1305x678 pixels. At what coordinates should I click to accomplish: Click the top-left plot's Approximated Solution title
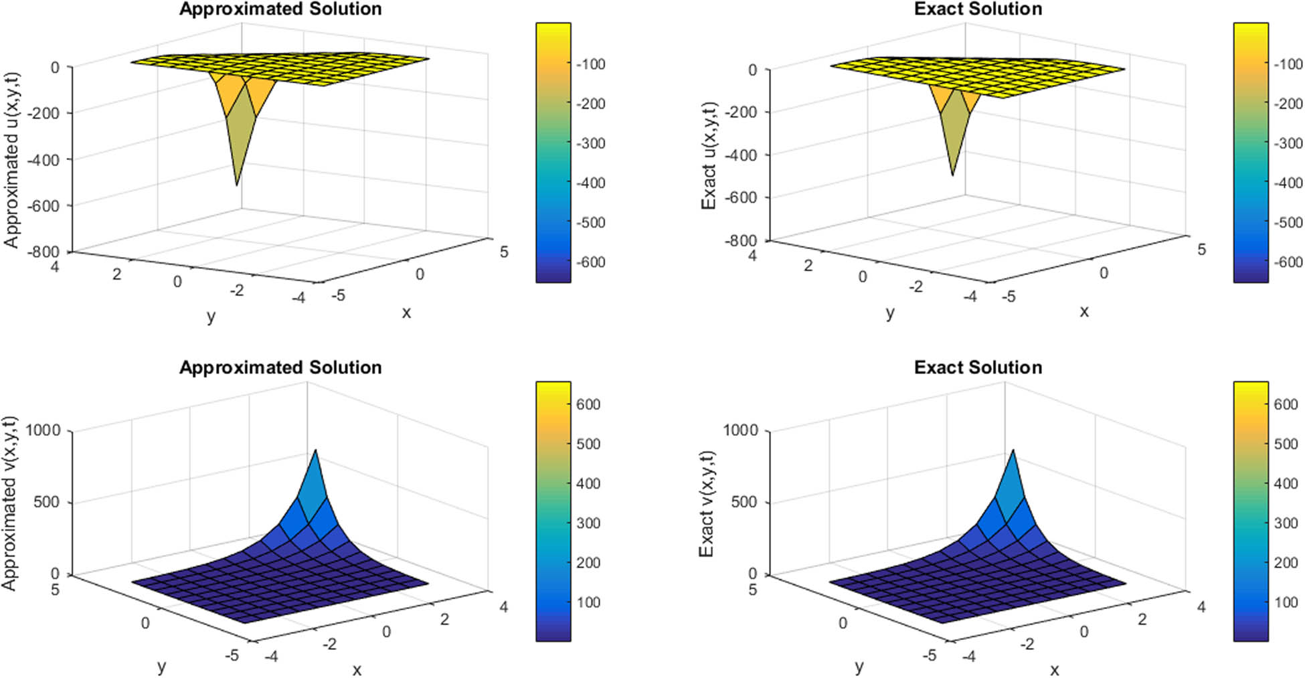pos(280,9)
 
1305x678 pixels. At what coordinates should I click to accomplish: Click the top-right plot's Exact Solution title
pos(978,9)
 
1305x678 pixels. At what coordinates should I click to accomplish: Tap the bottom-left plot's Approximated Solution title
pos(280,367)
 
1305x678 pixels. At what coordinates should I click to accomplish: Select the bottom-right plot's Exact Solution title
pos(978,367)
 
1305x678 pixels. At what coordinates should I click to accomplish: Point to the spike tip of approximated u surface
pos(236,184)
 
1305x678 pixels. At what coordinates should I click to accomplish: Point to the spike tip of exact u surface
pos(952,175)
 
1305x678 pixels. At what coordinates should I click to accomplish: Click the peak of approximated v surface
pos(315,450)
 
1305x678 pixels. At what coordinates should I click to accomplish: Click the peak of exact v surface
pos(1013,450)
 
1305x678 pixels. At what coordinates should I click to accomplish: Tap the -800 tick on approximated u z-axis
pos(43,252)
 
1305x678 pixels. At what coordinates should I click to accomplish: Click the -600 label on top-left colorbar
pos(590,262)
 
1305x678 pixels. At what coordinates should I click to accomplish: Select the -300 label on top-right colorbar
pos(1288,143)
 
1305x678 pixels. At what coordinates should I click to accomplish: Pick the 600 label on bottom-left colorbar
pos(588,404)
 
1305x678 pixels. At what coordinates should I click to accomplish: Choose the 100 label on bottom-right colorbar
pos(1286,602)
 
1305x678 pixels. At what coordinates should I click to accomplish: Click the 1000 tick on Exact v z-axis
pos(740,430)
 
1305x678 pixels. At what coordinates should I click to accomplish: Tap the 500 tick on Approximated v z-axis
pos(46,502)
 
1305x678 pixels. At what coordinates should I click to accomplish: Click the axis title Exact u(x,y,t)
pos(709,155)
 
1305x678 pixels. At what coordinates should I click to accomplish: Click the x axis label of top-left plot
pos(406,313)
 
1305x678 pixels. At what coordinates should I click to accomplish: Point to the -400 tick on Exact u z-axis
pos(742,155)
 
